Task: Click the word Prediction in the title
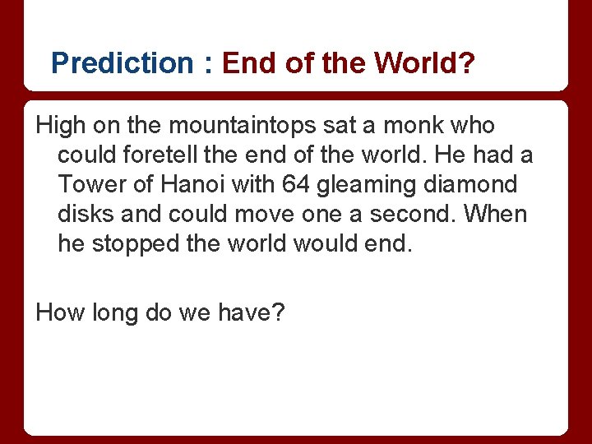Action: coord(121,63)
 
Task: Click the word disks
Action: coord(85,215)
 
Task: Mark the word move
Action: coord(279,215)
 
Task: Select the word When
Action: coord(497,215)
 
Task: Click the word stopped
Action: coord(140,244)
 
